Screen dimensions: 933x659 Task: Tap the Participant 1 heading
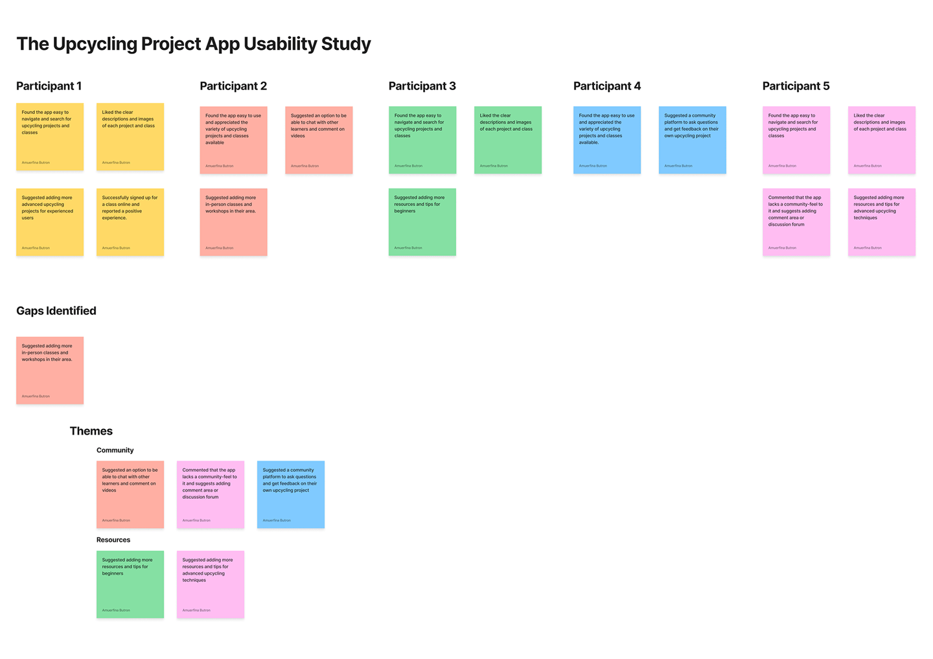click(x=49, y=86)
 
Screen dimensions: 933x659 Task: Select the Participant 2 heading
click(x=233, y=86)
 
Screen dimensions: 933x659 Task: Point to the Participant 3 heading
click(x=422, y=86)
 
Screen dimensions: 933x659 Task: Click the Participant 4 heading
click(x=606, y=86)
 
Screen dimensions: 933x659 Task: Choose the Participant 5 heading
click(x=796, y=86)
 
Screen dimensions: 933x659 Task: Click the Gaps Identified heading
click(x=56, y=311)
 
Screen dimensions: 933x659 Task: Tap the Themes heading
click(x=91, y=432)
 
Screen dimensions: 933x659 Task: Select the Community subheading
click(x=115, y=450)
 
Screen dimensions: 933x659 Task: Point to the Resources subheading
click(x=113, y=540)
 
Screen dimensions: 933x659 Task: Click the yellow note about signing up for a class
click(x=130, y=222)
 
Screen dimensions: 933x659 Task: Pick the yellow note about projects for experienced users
click(x=50, y=222)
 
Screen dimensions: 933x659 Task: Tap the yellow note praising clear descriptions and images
click(x=130, y=137)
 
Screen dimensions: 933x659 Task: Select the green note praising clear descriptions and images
click(x=508, y=140)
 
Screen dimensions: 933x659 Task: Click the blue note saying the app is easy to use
click(x=607, y=140)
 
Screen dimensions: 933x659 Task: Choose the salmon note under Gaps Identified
click(x=50, y=370)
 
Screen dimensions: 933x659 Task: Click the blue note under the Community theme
click(x=291, y=494)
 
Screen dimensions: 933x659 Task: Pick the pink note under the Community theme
click(x=211, y=494)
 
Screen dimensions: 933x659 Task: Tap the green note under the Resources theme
click(x=130, y=584)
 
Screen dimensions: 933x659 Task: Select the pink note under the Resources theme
click(x=211, y=584)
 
